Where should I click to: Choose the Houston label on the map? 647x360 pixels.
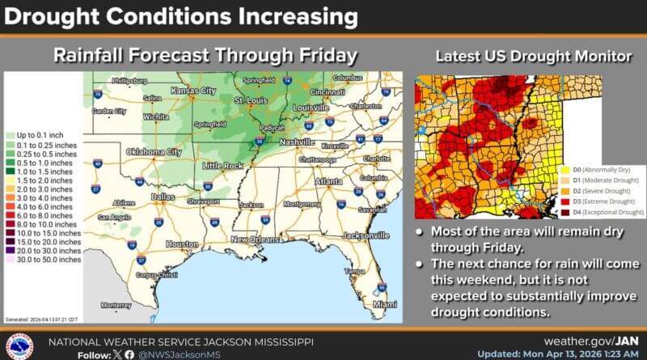point(183,244)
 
